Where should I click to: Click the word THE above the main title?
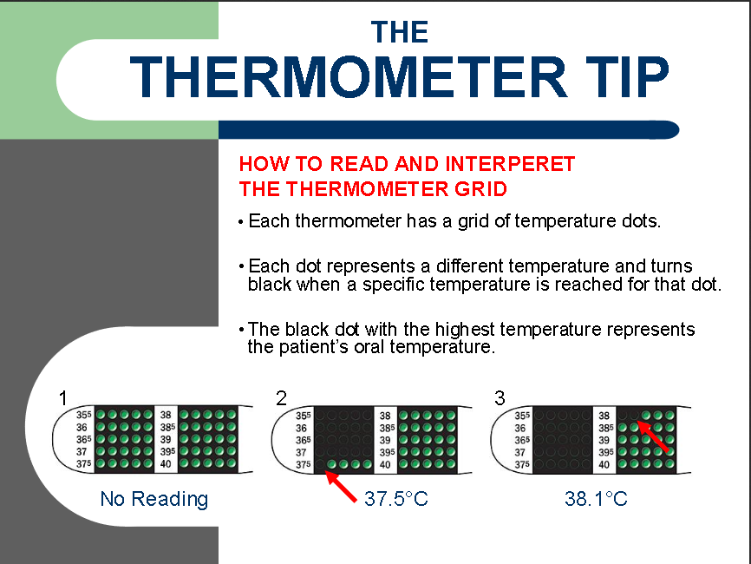(x=400, y=32)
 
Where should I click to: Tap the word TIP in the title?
(x=627, y=77)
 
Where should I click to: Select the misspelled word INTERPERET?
(x=510, y=164)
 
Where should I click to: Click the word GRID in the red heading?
(x=480, y=189)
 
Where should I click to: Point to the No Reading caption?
(x=154, y=499)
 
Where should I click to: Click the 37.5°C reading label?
(x=396, y=498)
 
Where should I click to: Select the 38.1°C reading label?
(x=596, y=498)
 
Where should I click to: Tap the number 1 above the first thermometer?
(x=62, y=398)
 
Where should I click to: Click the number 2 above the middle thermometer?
(x=281, y=398)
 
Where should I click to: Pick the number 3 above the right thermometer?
(x=500, y=398)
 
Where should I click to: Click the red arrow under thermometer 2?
(x=341, y=487)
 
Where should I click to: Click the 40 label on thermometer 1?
(x=166, y=464)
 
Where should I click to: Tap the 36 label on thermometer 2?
(x=301, y=428)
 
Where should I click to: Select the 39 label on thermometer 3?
(x=604, y=440)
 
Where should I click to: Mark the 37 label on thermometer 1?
(x=82, y=451)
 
